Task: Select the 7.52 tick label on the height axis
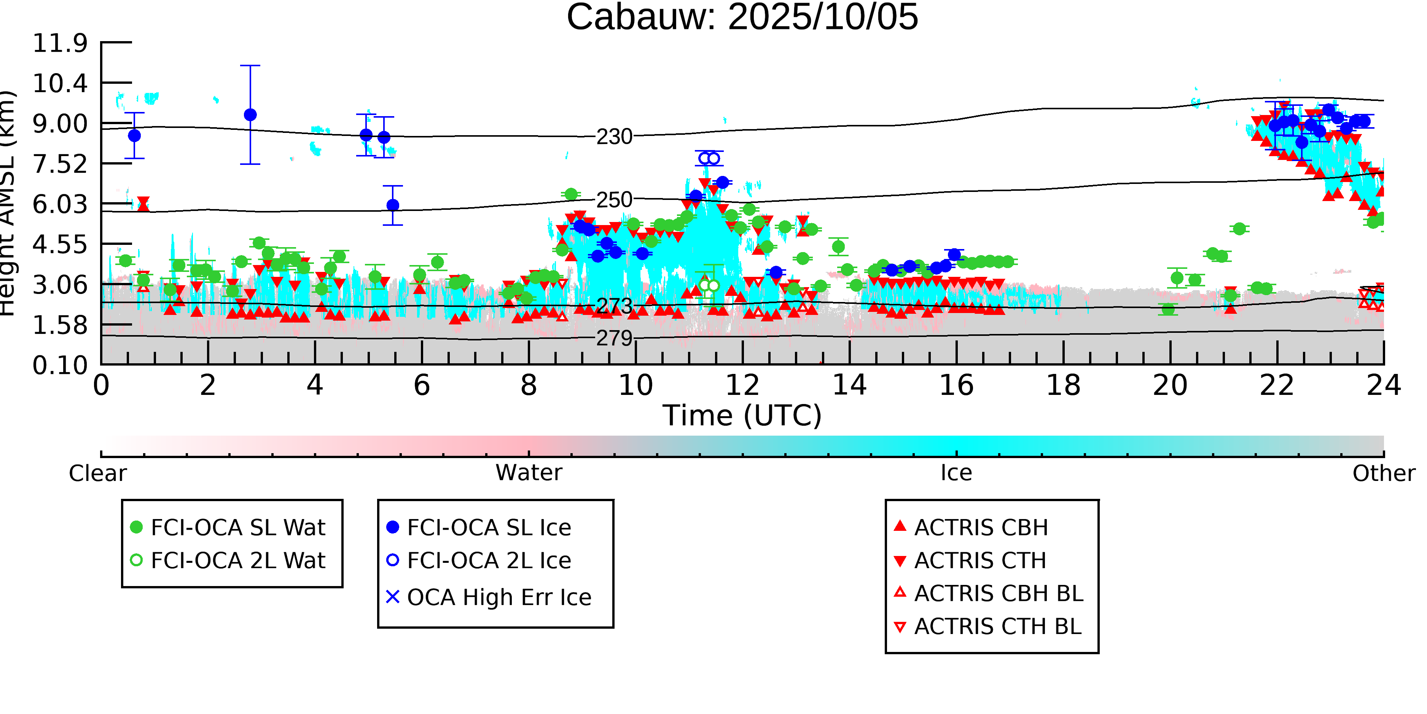60,164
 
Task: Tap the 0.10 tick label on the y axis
60,365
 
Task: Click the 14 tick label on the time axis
849,385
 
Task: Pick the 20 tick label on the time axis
1170,385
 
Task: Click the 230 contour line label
614,136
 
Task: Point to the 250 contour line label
614,200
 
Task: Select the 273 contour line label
614,305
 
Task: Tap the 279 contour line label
614,338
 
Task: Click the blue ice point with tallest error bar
250,115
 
